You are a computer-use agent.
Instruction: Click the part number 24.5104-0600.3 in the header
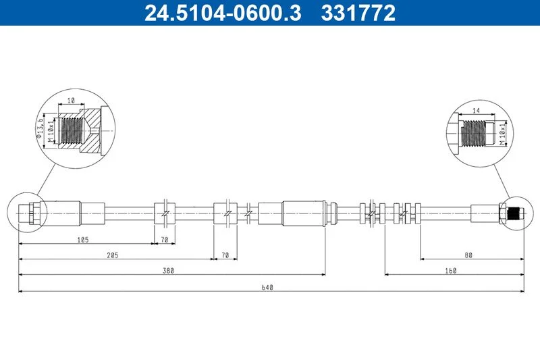[x=223, y=13]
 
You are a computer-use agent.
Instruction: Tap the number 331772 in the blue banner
[x=358, y=13]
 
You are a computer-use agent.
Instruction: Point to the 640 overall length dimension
[x=267, y=287]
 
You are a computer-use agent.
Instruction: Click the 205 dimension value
[x=112, y=255]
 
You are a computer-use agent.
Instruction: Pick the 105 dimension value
[x=83, y=239]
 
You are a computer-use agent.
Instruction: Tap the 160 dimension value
[x=450, y=270]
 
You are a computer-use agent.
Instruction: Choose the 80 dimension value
[x=468, y=255]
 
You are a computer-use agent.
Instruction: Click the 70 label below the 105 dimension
[x=165, y=239]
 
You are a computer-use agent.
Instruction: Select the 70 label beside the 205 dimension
[x=225, y=255]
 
